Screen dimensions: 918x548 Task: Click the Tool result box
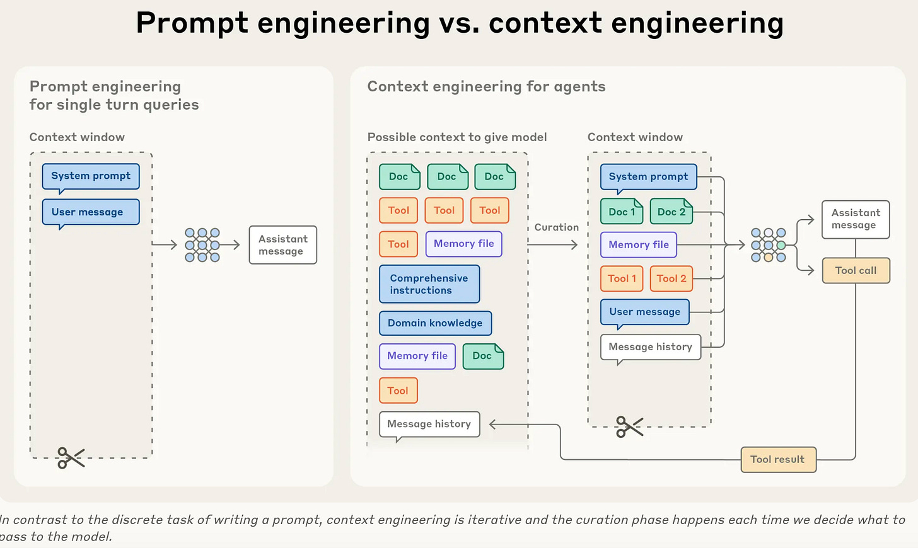pyautogui.click(x=778, y=460)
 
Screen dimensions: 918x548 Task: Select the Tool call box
pyautogui.click(x=856, y=270)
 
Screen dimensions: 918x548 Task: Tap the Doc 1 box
pyautogui.click(x=622, y=212)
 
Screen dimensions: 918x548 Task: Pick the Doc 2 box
pyautogui.click(x=671, y=212)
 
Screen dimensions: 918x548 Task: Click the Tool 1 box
pyautogui.click(x=622, y=278)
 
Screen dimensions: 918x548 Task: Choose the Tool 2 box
pyautogui.click(x=671, y=278)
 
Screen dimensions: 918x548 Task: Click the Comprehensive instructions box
pyautogui.click(x=429, y=284)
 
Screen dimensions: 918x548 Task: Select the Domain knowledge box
pyautogui.click(x=435, y=323)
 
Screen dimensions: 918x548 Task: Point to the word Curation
pyautogui.click(x=557, y=227)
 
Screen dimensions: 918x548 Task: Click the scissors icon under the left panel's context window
pyautogui.click(x=71, y=457)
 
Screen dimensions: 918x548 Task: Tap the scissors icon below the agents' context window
pyautogui.click(x=629, y=427)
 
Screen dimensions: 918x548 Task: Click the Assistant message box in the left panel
pyautogui.click(x=282, y=245)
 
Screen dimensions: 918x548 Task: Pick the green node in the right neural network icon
pyautogui.click(x=781, y=245)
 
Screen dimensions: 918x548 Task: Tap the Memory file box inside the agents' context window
pyautogui.click(x=639, y=245)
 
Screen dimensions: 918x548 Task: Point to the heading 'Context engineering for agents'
pyautogui.click(x=487, y=87)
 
